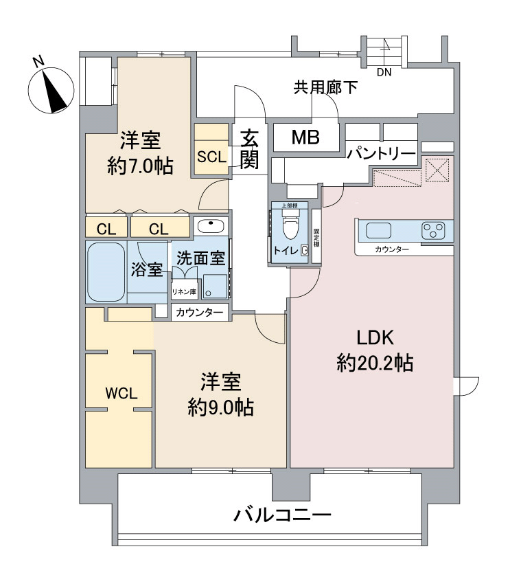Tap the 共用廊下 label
point(325,87)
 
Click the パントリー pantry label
point(380,153)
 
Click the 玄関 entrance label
point(250,148)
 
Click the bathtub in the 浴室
point(106,271)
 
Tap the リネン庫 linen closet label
point(184,291)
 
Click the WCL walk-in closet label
point(121,394)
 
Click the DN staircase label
point(384,72)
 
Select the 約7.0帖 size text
point(140,166)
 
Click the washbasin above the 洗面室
point(209,226)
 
